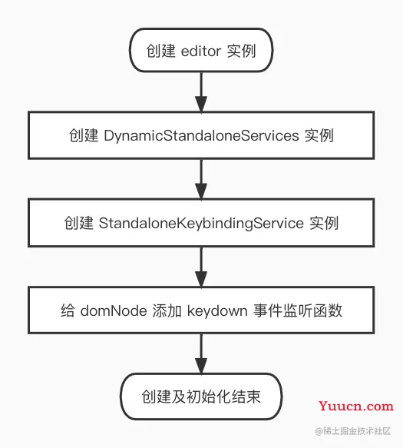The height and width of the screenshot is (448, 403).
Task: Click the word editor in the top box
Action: tap(201, 51)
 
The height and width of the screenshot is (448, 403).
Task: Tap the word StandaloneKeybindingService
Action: tap(201, 223)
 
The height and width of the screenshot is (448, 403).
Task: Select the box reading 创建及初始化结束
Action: tap(201, 397)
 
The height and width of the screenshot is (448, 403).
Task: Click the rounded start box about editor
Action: tap(201, 51)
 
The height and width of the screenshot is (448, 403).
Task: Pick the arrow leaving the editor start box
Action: tap(201, 93)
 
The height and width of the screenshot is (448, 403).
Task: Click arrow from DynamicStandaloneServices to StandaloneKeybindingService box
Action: tap(201, 179)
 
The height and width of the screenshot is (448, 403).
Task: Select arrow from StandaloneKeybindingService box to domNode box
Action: tap(201, 266)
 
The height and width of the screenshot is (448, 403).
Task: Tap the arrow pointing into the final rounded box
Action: tap(201, 353)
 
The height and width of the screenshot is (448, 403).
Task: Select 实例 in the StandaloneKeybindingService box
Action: tap(323, 223)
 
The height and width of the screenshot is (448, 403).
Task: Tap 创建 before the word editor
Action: tap(160, 51)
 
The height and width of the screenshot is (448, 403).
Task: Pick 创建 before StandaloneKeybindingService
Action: tap(78, 223)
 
